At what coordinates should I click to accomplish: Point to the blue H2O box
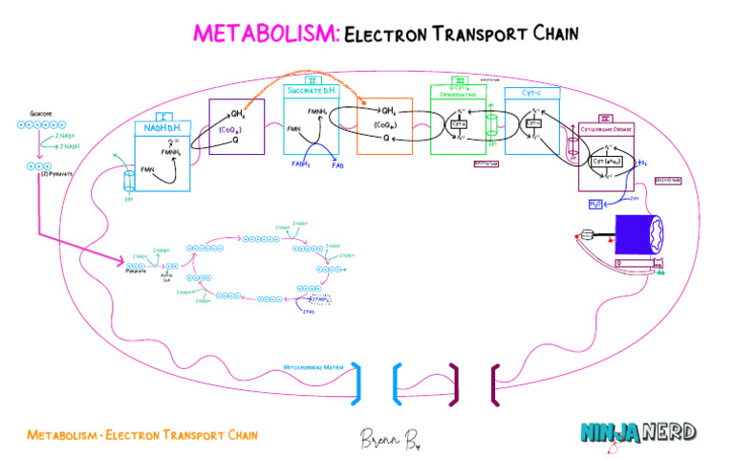pos(595,203)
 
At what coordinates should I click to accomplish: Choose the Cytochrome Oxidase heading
pos(609,127)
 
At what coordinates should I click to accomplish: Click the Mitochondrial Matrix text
pos(314,366)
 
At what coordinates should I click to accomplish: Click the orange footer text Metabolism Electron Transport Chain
pos(142,435)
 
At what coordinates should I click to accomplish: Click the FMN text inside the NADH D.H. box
pos(148,169)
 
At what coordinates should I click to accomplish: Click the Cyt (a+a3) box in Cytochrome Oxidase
pos(611,162)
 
